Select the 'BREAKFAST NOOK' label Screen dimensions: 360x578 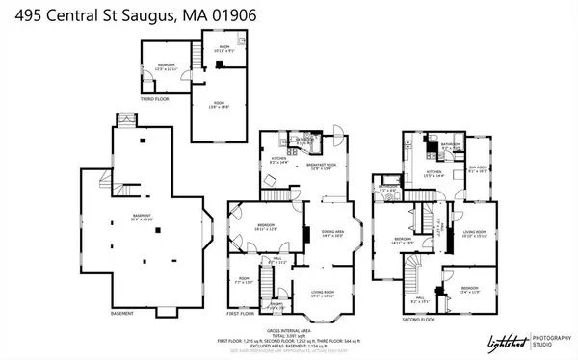click(x=320, y=167)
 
